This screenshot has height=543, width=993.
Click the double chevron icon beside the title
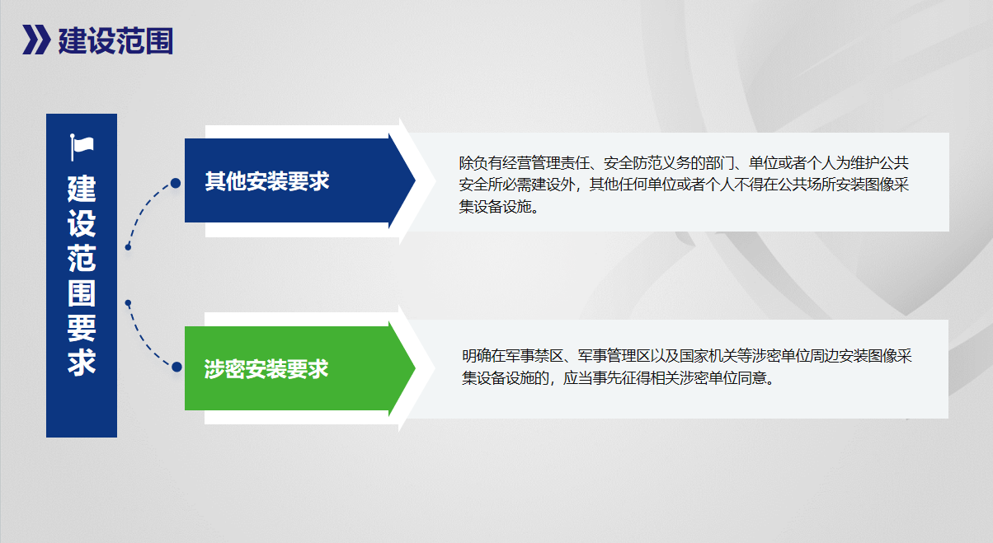pos(36,40)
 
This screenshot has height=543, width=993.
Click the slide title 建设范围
pos(115,40)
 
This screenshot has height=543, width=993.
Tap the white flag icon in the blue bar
pos(82,147)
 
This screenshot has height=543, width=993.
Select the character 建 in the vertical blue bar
pos(82,189)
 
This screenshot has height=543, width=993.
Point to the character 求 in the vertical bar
pos(82,362)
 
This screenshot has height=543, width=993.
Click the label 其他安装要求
pos(267,181)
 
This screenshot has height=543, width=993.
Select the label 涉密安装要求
pos(266,369)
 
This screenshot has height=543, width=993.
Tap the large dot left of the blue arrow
pos(176,183)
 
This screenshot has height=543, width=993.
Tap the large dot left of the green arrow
pos(176,367)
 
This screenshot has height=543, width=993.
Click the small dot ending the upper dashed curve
pos(128,247)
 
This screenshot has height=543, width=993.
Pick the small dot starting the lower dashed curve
pos(128,303)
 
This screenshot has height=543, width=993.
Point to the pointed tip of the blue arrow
pos(415,180)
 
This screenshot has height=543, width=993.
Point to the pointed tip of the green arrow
pos(415,368)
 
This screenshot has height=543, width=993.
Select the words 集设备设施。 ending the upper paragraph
pos(499,206)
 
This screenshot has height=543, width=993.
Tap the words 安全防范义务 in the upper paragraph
pos(647,163)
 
